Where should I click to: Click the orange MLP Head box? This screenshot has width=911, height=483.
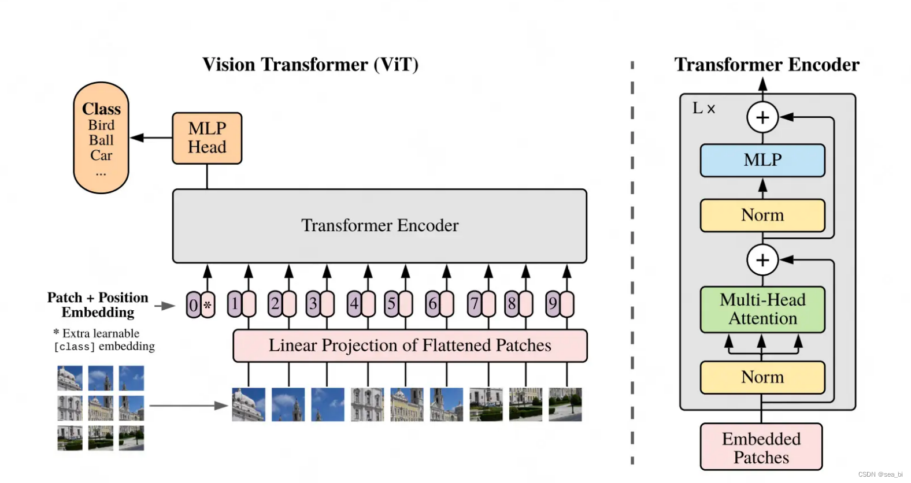[207, 138]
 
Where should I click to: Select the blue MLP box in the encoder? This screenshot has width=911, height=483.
[762, 160]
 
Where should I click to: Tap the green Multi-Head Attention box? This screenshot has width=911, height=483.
[762, 309]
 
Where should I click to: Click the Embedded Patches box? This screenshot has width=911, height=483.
[761, 448]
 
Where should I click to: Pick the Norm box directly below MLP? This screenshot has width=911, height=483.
[762, 215]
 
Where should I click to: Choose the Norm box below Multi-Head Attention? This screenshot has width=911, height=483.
[762, 377]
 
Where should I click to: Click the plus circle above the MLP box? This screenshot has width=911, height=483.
[762, 117]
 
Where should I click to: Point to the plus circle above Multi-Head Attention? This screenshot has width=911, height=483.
[762, 259]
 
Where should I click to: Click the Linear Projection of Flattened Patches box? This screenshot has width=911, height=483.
[410, 345]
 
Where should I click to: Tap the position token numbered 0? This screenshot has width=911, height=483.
[194, 305]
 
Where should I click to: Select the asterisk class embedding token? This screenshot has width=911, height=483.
[208, 305]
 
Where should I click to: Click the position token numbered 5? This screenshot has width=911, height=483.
[391, 304]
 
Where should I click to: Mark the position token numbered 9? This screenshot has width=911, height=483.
[553, 304]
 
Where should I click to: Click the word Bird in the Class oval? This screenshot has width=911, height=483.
[101, 125]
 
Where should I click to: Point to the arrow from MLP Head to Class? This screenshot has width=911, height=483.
[151, 138]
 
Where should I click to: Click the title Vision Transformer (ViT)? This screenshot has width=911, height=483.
[310, 64]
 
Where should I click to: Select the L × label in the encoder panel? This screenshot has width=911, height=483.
[703, 108]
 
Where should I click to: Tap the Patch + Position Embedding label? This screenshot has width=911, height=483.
[98, 305]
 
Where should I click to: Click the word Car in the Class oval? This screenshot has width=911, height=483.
[101, 155]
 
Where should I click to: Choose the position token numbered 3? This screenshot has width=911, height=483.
[313, 304]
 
